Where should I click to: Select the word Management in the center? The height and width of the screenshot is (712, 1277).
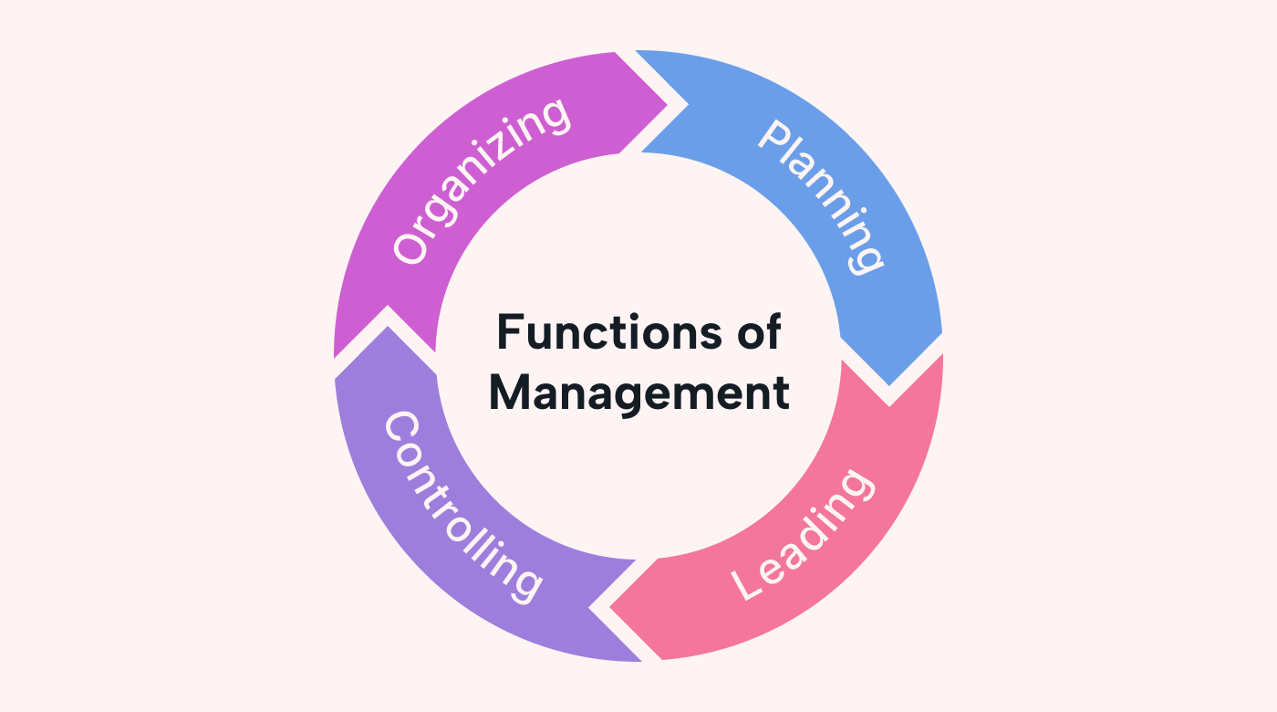pyautogui.click(x=638, y=393)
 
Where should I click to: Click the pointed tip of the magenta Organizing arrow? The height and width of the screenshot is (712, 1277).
pyautogui.click(x=682, y=102)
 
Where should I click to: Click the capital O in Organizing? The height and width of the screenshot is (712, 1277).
pyautogui.click(x=410, y=246)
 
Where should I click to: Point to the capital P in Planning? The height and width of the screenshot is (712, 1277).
pyautogui.click(x=774, y=137)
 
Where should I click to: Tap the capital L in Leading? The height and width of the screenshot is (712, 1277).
pyautogui.click(x=749, y=584)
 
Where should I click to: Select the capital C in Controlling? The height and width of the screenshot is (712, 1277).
pyautogui.click(x=401, y=428)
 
